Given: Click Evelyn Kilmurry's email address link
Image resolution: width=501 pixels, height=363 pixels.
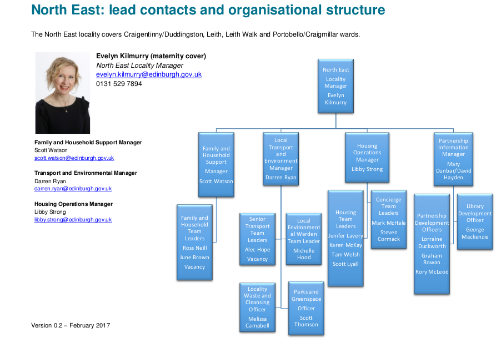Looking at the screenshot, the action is [149, 74].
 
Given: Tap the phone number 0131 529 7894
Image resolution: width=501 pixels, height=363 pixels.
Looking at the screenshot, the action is [119, 84].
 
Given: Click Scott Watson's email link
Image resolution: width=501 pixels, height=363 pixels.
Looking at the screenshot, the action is [74, 158].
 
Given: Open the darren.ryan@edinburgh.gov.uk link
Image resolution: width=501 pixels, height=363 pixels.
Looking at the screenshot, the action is [73, 189].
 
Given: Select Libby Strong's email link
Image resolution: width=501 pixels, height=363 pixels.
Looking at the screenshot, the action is [73, 220].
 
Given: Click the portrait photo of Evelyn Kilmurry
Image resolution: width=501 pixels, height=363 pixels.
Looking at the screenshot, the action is [63, 93].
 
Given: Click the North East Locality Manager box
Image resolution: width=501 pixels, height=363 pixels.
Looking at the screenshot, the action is [335, 86].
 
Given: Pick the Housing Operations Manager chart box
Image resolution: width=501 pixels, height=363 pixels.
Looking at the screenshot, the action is [367, 158].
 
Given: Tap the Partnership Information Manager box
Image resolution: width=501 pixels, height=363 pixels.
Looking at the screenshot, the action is [453, 159].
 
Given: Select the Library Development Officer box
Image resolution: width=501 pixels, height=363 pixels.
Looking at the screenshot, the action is [475, 221].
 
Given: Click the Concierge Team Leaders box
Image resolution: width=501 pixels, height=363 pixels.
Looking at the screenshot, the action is [389, 219].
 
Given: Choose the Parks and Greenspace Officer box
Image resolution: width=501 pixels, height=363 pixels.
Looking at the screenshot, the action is [306, 308].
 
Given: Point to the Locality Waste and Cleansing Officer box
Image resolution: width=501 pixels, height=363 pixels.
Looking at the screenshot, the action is [257, 307].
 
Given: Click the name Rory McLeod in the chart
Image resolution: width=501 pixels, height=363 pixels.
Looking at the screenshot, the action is [432, 272].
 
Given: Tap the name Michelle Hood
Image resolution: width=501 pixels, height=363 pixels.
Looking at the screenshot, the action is [304, 254].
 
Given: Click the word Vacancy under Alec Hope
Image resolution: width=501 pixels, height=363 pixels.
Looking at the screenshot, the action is [257, 259].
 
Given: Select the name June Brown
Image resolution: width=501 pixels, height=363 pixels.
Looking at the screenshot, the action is [194, 258].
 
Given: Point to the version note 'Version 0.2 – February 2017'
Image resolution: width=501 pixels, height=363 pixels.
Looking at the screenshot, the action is [71, 325].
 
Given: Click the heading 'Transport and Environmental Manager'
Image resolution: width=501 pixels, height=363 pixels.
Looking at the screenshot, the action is [86, 173].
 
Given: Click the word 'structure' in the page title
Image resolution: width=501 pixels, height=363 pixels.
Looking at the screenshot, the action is [355, 10].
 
